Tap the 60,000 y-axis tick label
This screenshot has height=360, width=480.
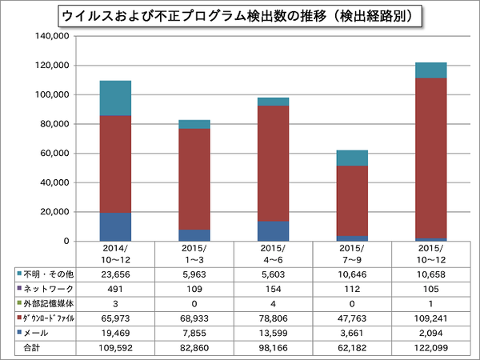(x=57, y=153)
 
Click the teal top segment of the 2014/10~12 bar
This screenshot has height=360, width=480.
(x=116, y=98)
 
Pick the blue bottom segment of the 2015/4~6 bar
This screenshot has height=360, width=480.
(x=273, y=231)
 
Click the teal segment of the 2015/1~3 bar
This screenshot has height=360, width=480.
(x=194, y=124)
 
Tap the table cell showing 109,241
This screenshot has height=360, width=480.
(x=430, y=318)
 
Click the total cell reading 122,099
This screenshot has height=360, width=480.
(x=430, y=348)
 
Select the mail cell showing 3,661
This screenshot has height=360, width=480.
(x=352, y=333)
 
